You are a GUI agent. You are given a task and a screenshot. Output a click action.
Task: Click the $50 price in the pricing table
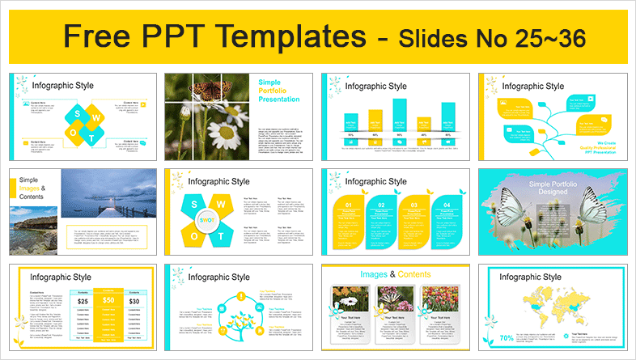tap(108, 301)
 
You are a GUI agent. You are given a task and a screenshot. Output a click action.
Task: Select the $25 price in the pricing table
tap(82, 301)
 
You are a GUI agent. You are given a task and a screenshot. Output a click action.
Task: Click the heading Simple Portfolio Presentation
tap(279, 91)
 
